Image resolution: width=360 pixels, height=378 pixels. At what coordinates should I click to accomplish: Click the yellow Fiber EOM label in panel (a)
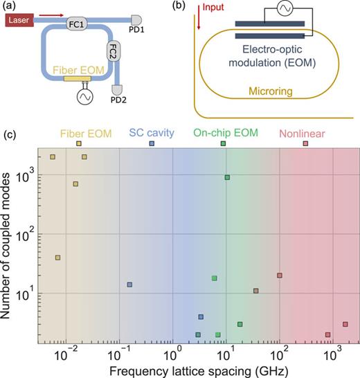(x=73, y=71)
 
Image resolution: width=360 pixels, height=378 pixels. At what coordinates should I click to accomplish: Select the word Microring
(x=270, y=107)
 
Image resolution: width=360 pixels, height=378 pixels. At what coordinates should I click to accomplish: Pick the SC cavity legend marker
(x=152, y=143)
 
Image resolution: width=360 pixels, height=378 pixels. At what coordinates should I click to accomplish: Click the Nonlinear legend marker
(x=305, y=143)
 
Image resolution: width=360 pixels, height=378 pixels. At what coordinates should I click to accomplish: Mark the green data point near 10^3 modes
(x=227, y=178)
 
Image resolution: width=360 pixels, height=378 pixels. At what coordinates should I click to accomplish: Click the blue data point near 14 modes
(x=129, y=285)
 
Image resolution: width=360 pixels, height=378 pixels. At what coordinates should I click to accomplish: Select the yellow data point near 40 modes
(x=57, y=258)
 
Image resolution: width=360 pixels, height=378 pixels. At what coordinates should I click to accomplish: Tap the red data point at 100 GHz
(x=280, y=276)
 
